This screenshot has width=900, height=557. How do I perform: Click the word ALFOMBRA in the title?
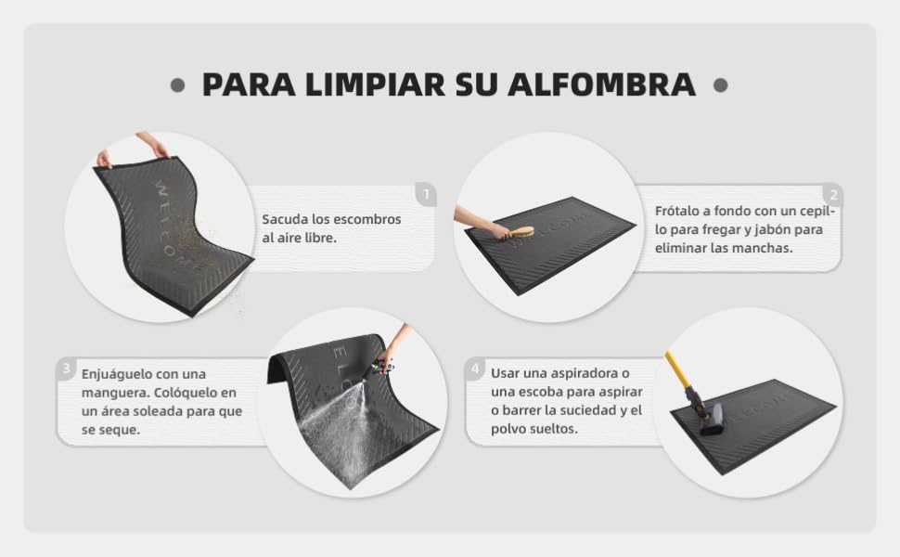[601, 84]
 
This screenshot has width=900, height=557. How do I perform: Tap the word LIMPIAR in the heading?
[376, 84]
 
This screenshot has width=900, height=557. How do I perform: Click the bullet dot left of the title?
[178, 85]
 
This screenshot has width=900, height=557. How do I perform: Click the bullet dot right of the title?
[720, 85]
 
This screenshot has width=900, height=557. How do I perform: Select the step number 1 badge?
[426, 195]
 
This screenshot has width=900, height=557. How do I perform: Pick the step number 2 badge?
[833, 195]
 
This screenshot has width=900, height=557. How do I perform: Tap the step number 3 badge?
[67, 368]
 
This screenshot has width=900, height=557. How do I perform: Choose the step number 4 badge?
[475, 368]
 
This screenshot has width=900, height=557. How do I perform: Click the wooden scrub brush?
[521, 233]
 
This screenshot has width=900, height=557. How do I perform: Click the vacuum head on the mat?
[711, 418]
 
